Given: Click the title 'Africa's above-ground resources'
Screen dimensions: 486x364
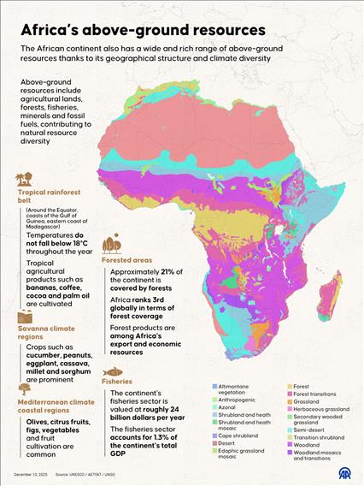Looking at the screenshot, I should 143,29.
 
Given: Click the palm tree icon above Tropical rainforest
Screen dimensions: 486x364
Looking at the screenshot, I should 22,180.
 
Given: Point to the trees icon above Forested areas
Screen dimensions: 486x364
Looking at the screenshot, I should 111,245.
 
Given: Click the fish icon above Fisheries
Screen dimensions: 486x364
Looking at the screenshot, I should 112,371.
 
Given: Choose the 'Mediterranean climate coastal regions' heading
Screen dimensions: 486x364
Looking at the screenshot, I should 56,406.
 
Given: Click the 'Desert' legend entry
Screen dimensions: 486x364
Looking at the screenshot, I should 228,443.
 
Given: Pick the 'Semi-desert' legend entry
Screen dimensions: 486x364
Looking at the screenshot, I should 309,430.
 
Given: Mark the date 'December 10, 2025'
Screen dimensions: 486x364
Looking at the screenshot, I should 30,473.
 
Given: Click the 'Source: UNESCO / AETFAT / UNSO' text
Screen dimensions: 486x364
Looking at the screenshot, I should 93,473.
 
